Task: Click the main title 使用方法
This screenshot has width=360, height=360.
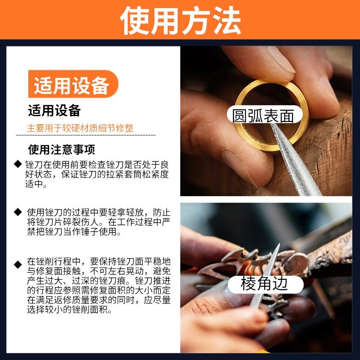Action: point(180,20)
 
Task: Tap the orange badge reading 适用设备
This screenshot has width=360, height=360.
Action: point(72,85)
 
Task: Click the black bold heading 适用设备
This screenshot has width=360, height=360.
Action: point(54,110)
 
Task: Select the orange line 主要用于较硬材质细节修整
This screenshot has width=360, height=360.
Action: point(80,128)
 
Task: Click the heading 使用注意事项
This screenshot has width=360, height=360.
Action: point(62,149)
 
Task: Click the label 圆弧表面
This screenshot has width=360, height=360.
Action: point(263,116)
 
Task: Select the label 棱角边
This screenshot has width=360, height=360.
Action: point(264,284)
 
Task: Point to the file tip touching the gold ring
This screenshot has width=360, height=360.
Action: point(273,128)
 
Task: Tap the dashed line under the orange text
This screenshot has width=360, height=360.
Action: point(85,135)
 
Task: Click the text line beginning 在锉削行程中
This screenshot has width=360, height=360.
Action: point(98,261)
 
